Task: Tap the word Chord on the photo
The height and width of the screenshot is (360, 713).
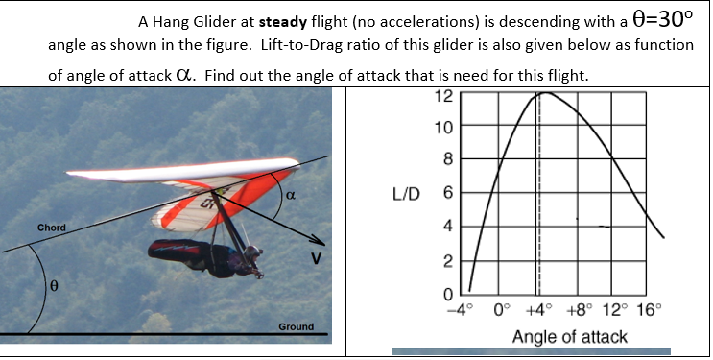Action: [x=51, y=228]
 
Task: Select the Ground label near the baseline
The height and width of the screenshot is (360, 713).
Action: [x=296, y=327]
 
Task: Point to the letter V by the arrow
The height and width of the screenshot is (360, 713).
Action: [x=314, y=258]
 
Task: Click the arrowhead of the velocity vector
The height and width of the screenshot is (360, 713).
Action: [x=321, y=241]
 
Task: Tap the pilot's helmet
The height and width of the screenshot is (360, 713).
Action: [x=253, y=254]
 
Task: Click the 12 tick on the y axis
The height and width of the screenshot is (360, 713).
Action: [x=443, y=95]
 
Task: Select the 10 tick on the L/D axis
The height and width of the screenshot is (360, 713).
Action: [x=443, y=127]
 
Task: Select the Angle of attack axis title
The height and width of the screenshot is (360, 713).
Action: [x=570, y=336]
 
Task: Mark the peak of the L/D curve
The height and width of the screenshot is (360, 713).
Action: [x=542, y=93]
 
